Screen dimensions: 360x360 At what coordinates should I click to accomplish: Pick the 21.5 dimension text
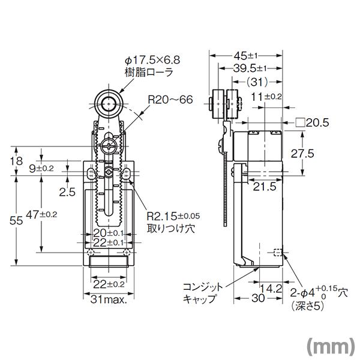(x=263, y=187)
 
